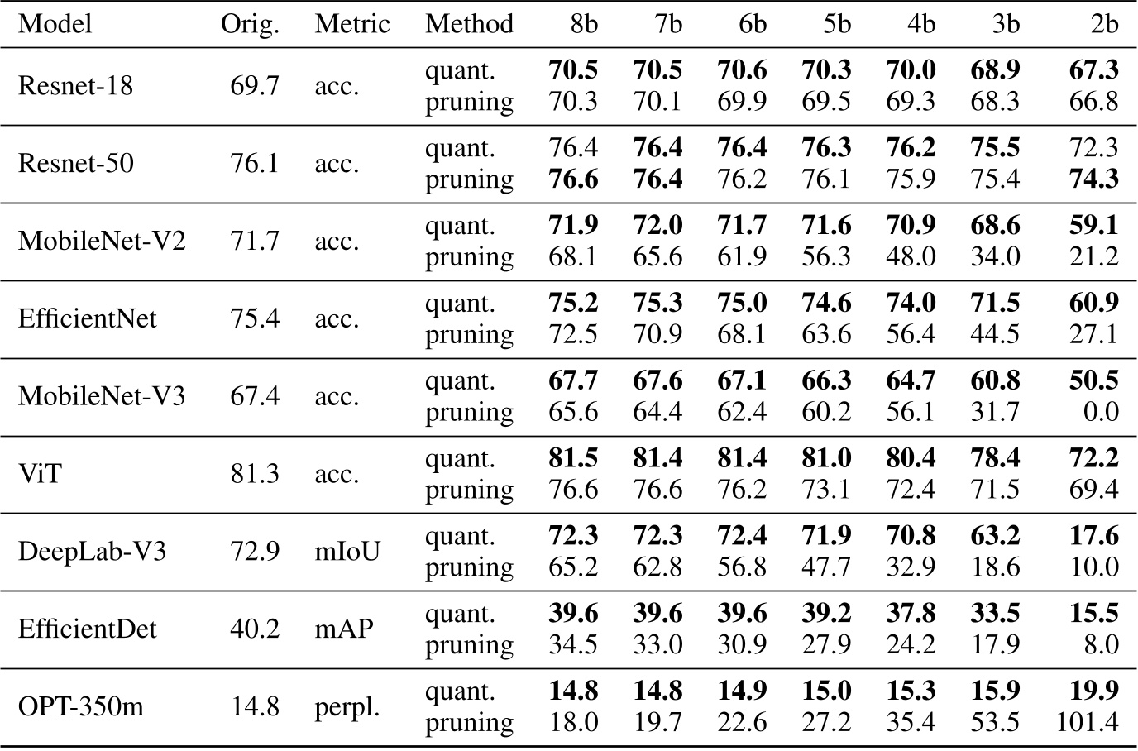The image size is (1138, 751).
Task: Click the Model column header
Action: coord(55,23)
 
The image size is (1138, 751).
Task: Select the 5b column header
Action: coord(836,23)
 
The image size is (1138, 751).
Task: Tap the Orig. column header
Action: coord(250,23)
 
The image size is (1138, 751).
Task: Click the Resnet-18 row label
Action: coord(75,85)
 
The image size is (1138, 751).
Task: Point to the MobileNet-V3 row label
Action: coord(102,396)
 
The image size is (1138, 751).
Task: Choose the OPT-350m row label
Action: coord(80,706)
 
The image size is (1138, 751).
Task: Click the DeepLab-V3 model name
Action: coord(92,551)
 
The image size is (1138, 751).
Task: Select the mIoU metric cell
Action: coord(347,551)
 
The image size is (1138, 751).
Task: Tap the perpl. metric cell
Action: coord(347,706)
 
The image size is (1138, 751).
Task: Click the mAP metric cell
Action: coord(344,629)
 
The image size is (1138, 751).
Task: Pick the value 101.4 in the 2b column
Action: coord(1087,722)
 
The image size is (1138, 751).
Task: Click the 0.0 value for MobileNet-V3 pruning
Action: coord(1101,412)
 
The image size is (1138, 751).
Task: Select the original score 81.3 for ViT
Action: coord(255,474)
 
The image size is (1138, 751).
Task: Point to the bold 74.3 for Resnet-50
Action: coord(1093,179)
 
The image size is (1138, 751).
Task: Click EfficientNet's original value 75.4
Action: coord(255,318)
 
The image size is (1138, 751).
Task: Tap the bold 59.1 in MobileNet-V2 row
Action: coord(1093,225)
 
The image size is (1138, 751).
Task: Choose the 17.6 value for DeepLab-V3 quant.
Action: coord(1093,535)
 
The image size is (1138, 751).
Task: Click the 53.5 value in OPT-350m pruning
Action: coord(995,722)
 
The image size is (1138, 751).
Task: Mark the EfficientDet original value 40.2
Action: coord(255,629)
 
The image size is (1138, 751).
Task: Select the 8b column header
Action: coord(583,23)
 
